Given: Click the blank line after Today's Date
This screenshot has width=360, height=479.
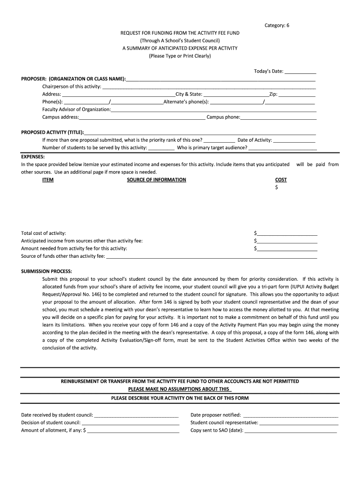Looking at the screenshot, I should click(300, 72).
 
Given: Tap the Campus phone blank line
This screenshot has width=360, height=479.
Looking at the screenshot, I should click(278, 118).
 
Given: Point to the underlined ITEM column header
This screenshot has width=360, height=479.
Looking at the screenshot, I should click(48, 180).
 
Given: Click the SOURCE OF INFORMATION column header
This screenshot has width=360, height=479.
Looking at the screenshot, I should click(156, 180).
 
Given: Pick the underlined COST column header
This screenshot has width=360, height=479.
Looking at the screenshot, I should click(281, 180).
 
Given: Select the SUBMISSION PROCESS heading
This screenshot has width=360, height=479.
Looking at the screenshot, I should click(46, 272).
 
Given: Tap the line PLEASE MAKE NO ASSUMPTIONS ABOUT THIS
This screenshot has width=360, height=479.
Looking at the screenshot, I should click(180, 389).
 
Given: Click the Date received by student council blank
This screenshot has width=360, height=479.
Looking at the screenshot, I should click(137, 415).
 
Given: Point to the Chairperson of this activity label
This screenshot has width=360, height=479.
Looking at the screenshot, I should click(72, 87).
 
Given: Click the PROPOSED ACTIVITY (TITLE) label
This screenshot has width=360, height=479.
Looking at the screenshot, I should click(52, 132).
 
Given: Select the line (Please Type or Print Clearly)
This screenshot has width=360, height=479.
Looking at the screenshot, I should click(180, 56).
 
